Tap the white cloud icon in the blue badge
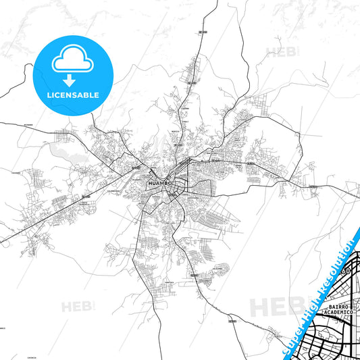tap(72, 61)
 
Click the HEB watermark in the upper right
tap(277, 51)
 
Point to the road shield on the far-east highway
tap(313, 186)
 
